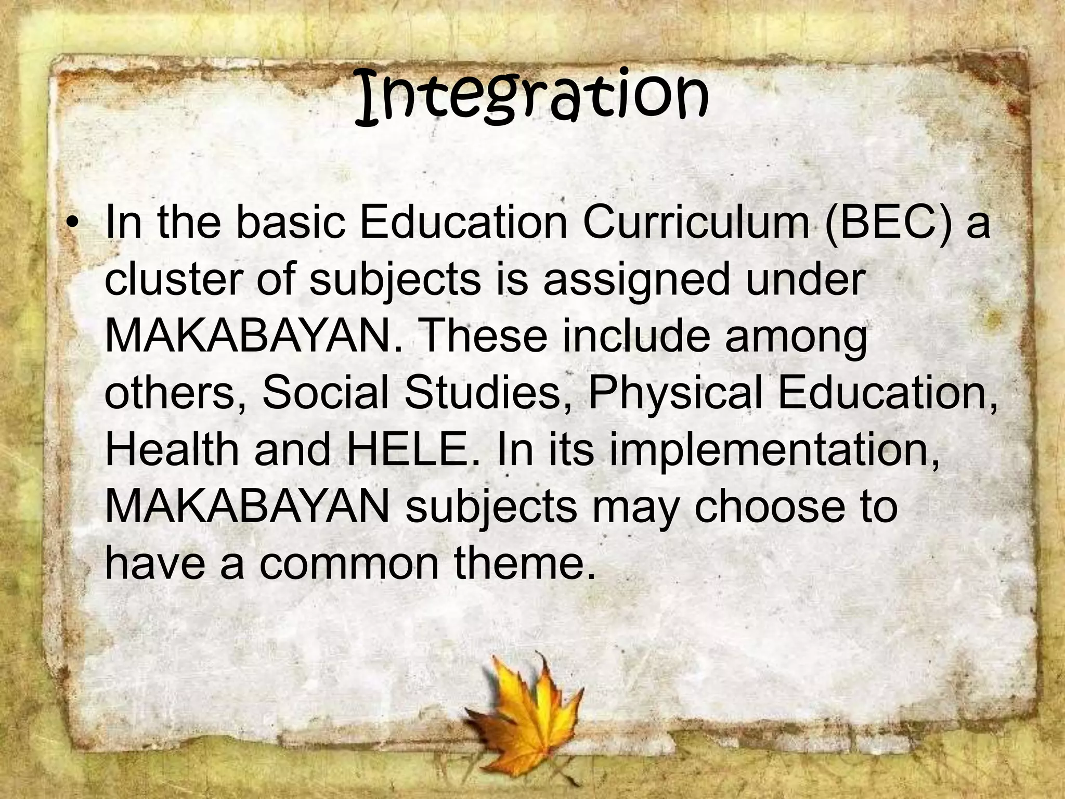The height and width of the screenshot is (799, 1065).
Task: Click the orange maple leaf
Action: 520,715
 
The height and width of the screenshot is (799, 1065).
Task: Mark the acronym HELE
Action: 406,448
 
